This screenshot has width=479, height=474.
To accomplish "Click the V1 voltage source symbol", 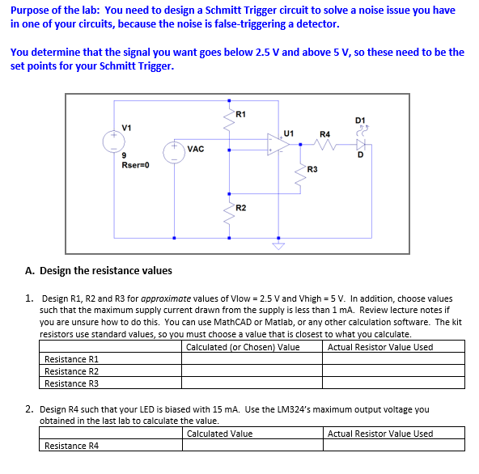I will [x=114, y=142].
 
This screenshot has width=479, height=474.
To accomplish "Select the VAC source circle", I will [x=175, y=152].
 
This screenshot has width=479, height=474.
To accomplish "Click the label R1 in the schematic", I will [x=240, y=113].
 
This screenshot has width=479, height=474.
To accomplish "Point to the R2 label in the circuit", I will [x=240, y=208].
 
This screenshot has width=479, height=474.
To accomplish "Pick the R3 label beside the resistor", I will [x=312, y=169].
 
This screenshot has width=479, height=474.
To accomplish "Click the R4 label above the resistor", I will [x=324, y=133].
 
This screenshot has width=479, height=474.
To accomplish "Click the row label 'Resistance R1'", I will [x=71, y=359].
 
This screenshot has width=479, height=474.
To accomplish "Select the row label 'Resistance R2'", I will [x=71, y=371].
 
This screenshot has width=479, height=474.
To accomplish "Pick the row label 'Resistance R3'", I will [x=71, y=383].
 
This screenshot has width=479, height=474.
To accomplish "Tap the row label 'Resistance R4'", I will [x=71, y=446].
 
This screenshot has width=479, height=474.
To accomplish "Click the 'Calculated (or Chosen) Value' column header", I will [x=243, y=347].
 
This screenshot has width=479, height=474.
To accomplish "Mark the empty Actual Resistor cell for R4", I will [x=394, y=446].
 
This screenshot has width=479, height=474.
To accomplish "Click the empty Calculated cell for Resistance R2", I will [x=252, y=371].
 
